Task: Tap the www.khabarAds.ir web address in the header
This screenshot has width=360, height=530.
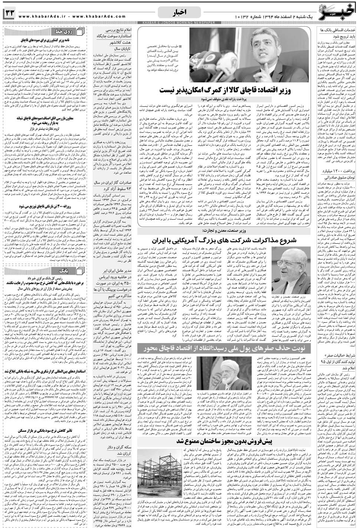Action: pyautogui.click(x=41, y=16)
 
